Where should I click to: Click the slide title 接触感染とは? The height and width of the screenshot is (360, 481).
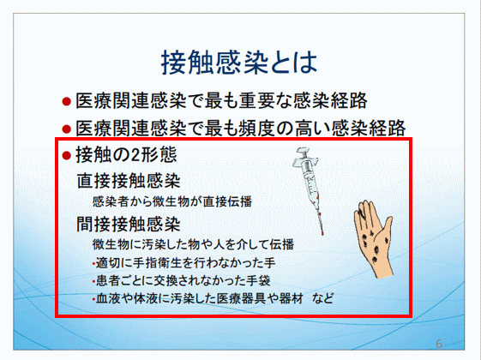click(x=239, y=63)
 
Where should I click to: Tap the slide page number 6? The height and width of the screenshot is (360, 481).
click(x=439, y=344)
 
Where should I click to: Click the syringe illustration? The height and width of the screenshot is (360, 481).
click(x=309, y=190)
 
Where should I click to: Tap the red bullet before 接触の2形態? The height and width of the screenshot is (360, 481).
click(x=66, y=155)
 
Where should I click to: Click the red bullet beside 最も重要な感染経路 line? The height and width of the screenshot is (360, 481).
click(x=66, y=101)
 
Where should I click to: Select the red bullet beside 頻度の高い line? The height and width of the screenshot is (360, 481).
click(x=66, y=129)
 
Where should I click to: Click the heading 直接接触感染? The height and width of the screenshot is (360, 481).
click(x=129, y=181)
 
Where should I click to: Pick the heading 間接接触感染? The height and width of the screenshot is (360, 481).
click(x=129, y=225)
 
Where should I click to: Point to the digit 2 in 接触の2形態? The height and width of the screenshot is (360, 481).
click(x=135, y=155)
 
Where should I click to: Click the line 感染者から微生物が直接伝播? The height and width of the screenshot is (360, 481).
click(x=172, y=201)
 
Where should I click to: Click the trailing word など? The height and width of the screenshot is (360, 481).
click(x=322, y=298)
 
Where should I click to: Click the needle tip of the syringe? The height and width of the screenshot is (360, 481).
click(x=322, y=235)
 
